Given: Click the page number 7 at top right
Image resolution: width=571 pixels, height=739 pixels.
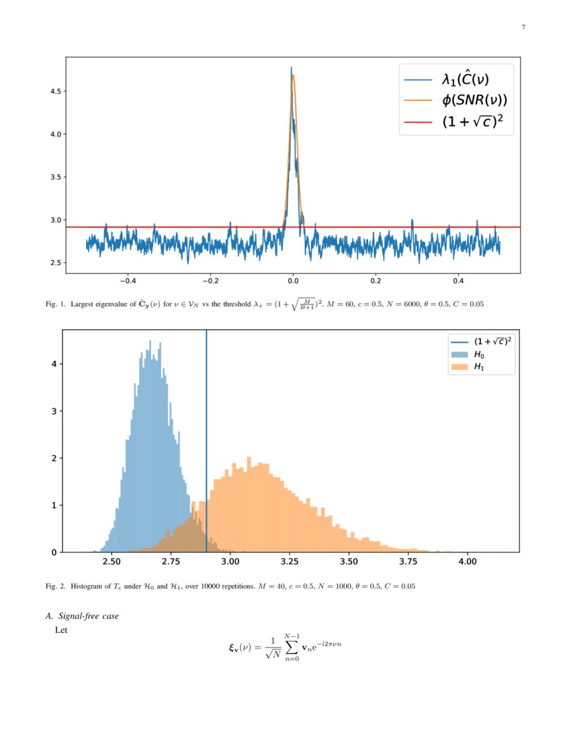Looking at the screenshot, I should tap(523, 28).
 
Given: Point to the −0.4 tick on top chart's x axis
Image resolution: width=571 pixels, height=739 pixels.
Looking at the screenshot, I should tap(127, 281).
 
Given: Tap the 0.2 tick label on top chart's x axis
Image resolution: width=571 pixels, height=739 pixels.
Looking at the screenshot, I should tap(376, 281).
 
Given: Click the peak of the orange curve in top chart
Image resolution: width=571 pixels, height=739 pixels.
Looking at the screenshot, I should tap(294, 75).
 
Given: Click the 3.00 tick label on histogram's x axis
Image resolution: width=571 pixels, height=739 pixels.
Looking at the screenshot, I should tap(230, 561).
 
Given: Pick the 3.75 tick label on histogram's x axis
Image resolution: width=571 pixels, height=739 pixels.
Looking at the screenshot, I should tap(408, 561).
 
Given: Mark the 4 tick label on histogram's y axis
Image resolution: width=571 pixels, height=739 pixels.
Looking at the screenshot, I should tap(54, 364).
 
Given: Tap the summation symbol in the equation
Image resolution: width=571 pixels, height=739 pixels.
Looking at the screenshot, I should tap(291, 647).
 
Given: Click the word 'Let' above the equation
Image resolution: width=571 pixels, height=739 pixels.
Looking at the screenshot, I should tap(61, 630).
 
